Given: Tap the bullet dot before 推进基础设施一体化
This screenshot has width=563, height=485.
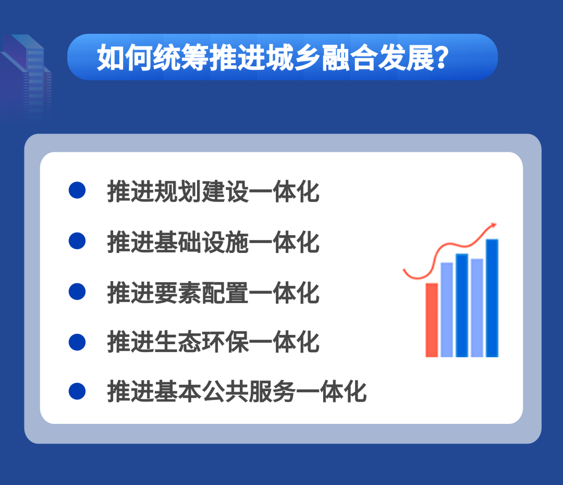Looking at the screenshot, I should [x=77, y=240].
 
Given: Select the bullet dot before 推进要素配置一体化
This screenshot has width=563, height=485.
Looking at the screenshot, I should [x=77, y=291].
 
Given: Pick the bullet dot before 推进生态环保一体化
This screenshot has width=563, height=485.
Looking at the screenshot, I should [x=77, y=342].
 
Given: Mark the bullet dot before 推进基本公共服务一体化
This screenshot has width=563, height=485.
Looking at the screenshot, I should [x=77, y=391].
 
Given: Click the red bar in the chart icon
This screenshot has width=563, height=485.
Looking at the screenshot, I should [x=432, y=320].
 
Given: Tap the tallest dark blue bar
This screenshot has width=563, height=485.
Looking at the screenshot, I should [x=492, y=298].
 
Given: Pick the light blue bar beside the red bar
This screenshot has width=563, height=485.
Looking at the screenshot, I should [x=447, y=310].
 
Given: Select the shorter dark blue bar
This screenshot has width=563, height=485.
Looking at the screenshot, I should [x=462, y=305].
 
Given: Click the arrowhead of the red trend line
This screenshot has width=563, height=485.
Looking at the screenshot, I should [x=493, y=225].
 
